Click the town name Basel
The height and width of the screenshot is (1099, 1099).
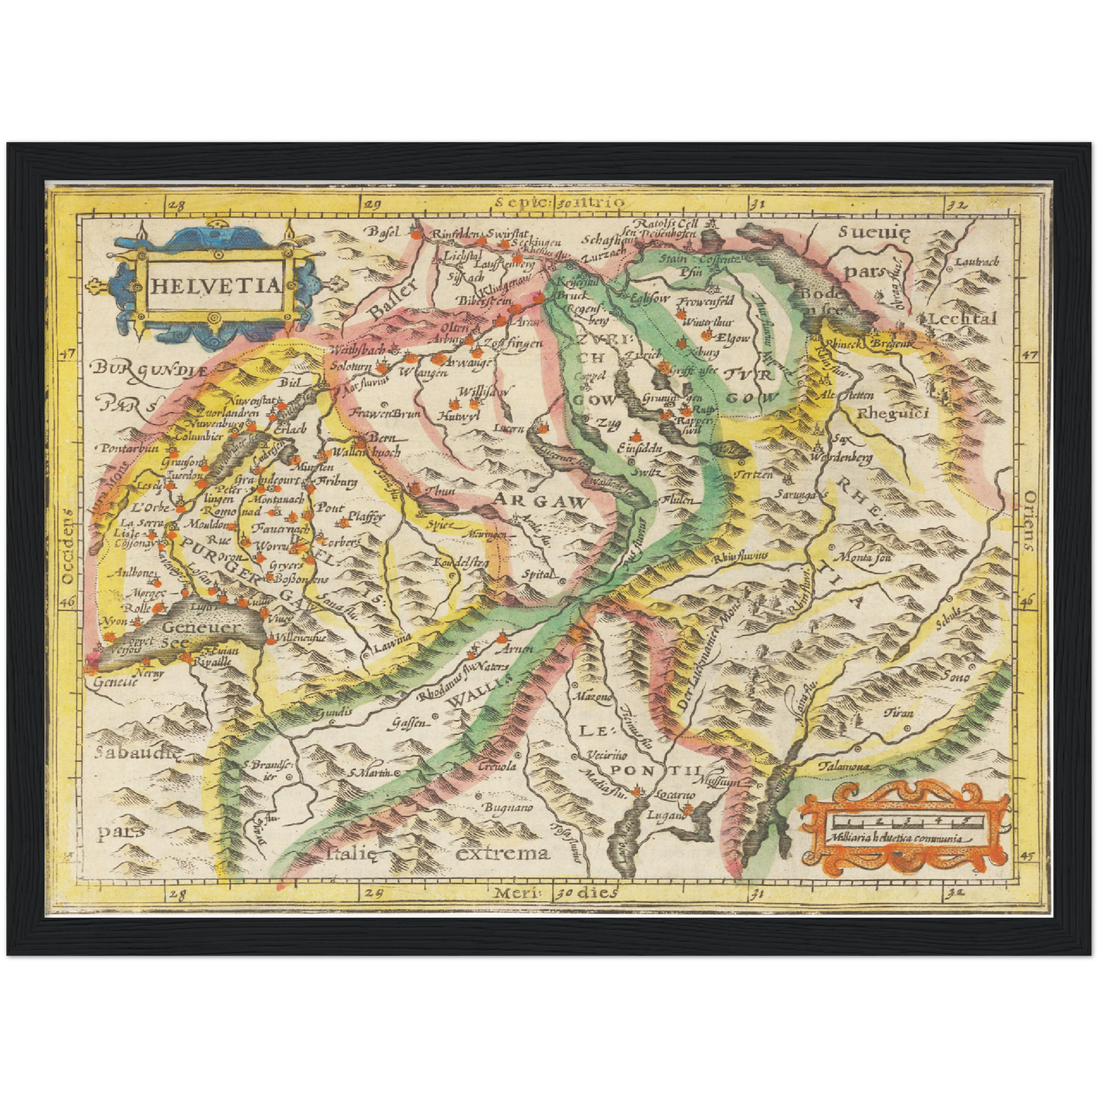click(x=385, y=230)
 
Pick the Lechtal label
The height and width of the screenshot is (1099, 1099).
click(x=961, y=319)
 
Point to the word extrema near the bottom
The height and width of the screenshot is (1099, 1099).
click(x=503, y=853)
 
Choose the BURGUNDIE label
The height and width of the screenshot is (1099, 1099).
click(x=150, y=370)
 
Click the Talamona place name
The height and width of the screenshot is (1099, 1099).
click(x=844, y=767)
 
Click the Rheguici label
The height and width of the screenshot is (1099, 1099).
click(x=889, y=414)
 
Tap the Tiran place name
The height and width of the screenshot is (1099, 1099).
click(x=899, y=713)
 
